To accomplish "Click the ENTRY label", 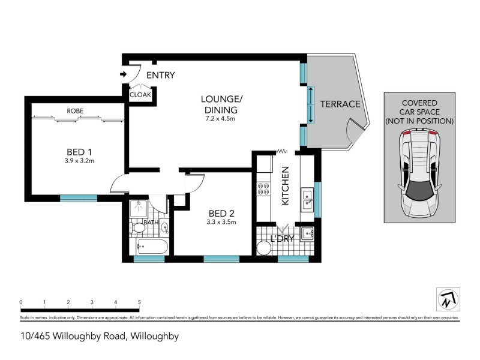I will (x=160, y=75).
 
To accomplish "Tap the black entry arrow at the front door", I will (x=124, y=74).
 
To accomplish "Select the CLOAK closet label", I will (x=140, y=94).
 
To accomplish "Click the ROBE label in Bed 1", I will (x=75, y=111).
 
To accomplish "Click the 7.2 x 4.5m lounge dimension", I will (x=220, y=119).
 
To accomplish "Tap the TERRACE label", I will (x=340, y=104).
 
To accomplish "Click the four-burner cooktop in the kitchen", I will (x=263, y=190).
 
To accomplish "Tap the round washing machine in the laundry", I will (x=264, y=248).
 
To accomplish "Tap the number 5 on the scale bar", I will (x=139, y=302).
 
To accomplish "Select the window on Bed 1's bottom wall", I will (x=78, y=197).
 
